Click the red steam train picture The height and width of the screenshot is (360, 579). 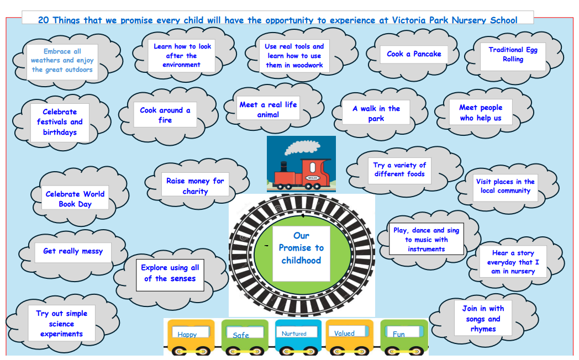click(x=301, y=164)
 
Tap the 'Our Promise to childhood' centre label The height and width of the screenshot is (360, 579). click(x=301, y=248)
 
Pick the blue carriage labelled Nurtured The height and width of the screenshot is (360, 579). click(x=297, y=336)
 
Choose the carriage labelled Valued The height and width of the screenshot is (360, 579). click(x=348, y=335)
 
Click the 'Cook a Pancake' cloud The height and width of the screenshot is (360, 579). click(x=414, y=54)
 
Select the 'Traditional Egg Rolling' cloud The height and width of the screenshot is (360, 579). click(x=513, y=55)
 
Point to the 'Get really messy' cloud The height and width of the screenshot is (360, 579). click(x=73, y=251)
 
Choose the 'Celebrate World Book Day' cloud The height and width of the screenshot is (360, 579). click(x=75, y=199)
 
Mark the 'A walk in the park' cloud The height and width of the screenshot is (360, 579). click(x=376, y=114)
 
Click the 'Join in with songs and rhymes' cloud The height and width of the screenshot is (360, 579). click(x=483, y=319)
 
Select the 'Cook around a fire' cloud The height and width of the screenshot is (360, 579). click(x=165, y=115)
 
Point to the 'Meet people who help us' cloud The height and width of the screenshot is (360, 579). click(x=481, y=113)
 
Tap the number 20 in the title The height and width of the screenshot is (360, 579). click(x=44, y=20)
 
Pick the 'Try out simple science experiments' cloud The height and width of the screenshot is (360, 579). click(x=61, y=324)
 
